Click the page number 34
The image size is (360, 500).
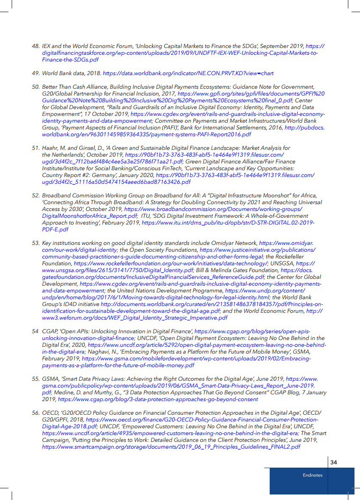click(x=333, y=462)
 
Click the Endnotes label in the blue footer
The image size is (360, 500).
click(x=313, y=475)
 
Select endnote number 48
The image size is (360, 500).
click(x=36, y=45)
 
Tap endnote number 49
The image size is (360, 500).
click(x=36, y=73)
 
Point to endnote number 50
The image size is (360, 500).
click(x=36, y=87)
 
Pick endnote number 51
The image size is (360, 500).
click(x=36, y=148)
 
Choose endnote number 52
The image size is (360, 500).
click(x=36, y=195)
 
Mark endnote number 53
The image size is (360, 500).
click(x=36, y=243)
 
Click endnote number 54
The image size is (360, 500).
click(x=35, y=331)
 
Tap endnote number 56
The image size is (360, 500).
click(x=36, y=413)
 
